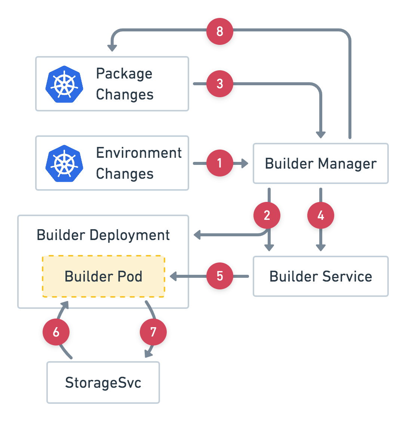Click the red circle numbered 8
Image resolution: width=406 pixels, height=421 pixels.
220,31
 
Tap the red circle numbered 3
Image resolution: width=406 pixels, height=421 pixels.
220,84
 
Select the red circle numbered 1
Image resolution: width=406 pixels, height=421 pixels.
220,163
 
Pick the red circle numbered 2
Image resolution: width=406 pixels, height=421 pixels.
267,215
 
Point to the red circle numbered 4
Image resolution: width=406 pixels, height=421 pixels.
320,215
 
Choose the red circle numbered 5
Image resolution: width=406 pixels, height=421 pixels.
220,276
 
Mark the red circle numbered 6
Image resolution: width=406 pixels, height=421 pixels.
56,332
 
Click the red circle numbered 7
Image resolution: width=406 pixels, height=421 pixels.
153,332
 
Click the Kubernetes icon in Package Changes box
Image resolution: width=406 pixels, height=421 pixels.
64,84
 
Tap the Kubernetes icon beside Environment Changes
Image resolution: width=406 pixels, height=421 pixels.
64,163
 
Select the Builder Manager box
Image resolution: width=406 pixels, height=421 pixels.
320,163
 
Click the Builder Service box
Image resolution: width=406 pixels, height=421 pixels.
320,276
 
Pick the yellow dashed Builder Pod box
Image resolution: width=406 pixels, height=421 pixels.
104,276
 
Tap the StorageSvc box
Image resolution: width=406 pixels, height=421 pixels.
103,382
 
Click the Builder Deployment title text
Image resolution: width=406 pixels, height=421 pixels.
103,235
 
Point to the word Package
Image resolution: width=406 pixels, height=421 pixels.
124,74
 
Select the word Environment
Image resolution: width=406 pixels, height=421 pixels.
139,153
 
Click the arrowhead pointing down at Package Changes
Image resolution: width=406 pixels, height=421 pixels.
112,47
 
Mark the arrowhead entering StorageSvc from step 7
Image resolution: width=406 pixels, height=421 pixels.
148,354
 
